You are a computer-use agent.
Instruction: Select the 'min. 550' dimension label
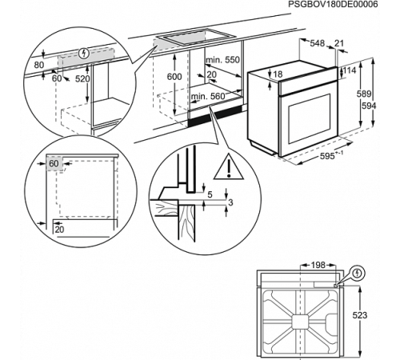click(222, 61)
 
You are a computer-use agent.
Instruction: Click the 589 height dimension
click(362, 95)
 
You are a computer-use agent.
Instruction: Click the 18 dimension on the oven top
click(278, 74)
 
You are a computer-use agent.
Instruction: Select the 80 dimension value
click(38, 63)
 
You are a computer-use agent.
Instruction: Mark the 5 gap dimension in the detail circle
click(210, 194)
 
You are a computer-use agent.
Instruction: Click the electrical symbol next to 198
click(357, 273)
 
